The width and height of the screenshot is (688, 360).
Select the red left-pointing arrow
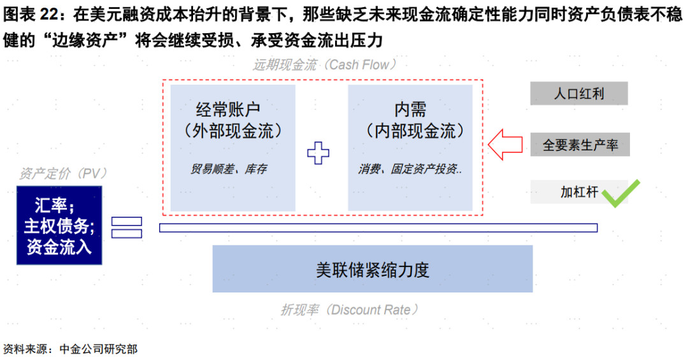pyautogui.click(x=505, y=145)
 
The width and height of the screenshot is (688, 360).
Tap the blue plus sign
pyautogui.click(x=318, y=153)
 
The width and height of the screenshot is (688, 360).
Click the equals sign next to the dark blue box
pyautogui.click(x=127, y=227)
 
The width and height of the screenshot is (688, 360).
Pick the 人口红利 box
pyautogui.click(x=578, y=94)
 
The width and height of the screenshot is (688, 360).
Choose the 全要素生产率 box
pyautogui.click(x=580, y=145)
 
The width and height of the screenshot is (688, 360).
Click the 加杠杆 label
pyautogui.click(x=579, y=192)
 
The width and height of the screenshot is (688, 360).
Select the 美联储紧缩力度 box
pyautogui.click(x=373, y=269)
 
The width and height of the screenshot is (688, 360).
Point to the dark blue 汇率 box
pyautogui.click(x=59, y=225)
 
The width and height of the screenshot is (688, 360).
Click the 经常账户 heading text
pyautogui.click(x=228, y=110)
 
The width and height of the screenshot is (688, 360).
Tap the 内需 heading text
pyautogui.click(x=410, y=110)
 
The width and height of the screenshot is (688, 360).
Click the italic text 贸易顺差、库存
pyautogui.click(x=229, y=169)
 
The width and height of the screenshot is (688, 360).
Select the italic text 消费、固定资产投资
pyautogui.click(x=410, y=169)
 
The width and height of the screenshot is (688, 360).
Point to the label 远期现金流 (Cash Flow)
pyautogui.click(x=325, y=65)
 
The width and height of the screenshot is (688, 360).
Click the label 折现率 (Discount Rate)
pyautogui.click(x=349, y=310)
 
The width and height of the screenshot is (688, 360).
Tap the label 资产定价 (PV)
pyautogui.click(x=62, y=173)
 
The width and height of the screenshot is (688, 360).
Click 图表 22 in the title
pyautogui.click(x=31, y=15)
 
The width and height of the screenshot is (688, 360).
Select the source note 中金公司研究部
pyautogui.click(x=99, y=349)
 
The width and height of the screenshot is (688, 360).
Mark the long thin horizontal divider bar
pyautogui.click(x=378, y=227)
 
